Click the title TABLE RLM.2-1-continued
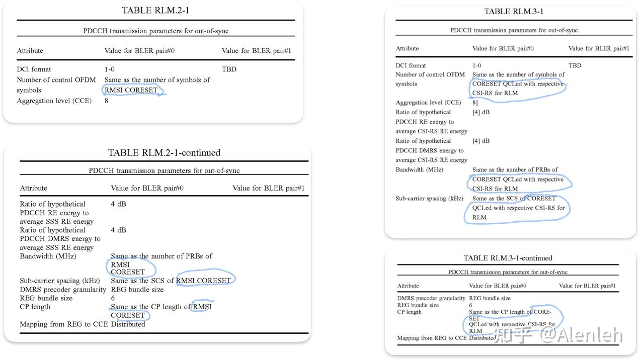coord(164,152)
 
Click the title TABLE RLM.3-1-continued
coord(508,258)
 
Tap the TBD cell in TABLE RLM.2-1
coord(229,69)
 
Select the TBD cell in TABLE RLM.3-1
coord(575,65)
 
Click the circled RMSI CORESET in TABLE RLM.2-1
coord(131,91)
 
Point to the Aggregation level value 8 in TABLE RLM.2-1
coord(107,101)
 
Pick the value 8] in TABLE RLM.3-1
coord(475,103)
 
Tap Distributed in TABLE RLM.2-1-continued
coord(128,324)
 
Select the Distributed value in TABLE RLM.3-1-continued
coord(482,338)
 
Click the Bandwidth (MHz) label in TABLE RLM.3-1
coord(419,170)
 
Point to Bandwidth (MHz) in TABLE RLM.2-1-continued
coord(48,256)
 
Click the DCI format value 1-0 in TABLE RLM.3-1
coord(476,65)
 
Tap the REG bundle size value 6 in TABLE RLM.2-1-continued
coord(113,298)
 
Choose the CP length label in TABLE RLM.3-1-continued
coord(409,312)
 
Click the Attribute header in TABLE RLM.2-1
coord(30,51)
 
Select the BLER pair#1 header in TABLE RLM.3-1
coord(599,48)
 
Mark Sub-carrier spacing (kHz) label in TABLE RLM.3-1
coord(428,199)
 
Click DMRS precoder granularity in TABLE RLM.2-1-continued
coord(63,290)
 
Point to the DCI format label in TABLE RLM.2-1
coord(34,69)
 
